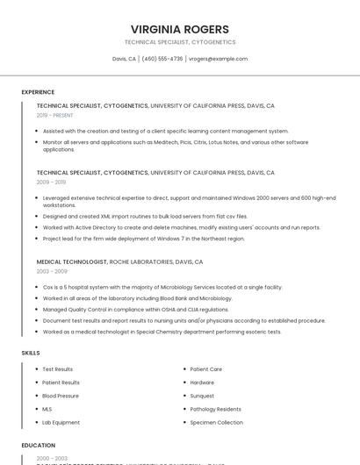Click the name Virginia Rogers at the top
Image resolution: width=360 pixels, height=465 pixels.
(x=179, y=29)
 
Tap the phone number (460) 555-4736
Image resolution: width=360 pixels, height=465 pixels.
(x=162, y=59)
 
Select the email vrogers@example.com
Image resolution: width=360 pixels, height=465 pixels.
(x=218, y=59)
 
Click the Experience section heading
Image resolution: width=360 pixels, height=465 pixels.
(x=38, y=92)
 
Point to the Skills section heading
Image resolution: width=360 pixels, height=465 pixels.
(x=31, y=353)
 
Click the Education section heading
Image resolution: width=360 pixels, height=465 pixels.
(x=39, y=445)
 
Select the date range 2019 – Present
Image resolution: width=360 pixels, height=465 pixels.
(x=54, y=115)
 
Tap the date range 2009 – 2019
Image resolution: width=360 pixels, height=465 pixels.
(x=51, y=182)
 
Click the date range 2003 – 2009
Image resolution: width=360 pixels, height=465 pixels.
(x=52, y=271)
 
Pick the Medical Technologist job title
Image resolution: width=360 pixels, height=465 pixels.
(x=72, y=261)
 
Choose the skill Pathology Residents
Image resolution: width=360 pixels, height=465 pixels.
(x=216, y=409)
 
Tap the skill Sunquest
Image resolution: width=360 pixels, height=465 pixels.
(x=202, y=396)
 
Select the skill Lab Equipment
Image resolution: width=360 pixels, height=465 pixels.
(x=61, y=422)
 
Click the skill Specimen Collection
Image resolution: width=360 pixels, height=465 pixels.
(x=216, y=422)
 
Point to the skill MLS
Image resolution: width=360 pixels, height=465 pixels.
(x=47, y=409)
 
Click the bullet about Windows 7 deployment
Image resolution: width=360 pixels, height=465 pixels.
(x=143, y=239)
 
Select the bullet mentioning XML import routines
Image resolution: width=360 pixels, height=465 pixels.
(x=145, y=216)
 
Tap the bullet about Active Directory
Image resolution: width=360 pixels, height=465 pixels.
(x=181, y=227)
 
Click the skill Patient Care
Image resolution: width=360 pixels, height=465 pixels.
(x=206, y=369)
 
